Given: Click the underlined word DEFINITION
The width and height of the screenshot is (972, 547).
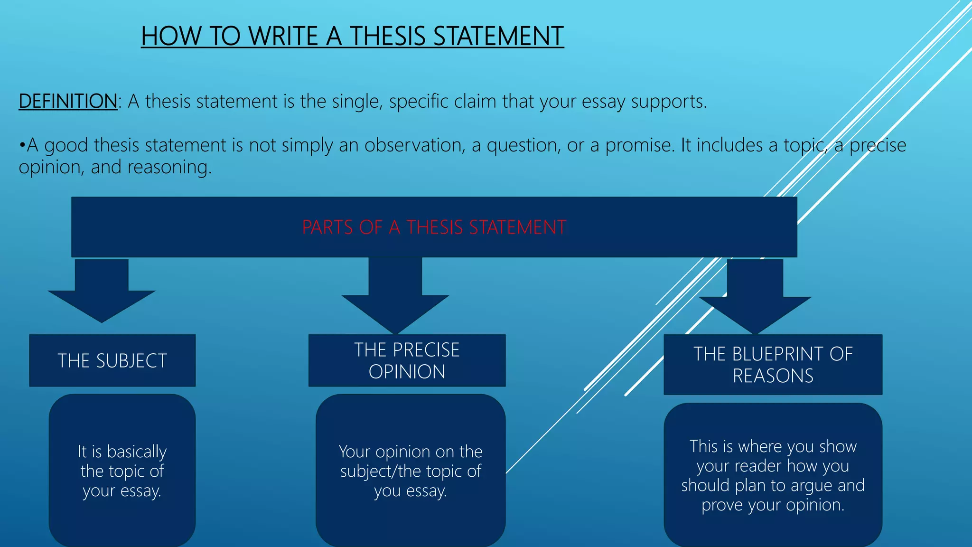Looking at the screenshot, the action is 68,101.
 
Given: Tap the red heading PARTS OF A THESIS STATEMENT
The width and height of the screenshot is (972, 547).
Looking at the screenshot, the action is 434,227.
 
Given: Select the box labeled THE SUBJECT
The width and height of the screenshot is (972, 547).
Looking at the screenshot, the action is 112,360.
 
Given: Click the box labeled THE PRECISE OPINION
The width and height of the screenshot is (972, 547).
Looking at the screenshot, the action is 407,360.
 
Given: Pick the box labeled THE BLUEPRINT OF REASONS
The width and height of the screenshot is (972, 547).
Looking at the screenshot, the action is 773,365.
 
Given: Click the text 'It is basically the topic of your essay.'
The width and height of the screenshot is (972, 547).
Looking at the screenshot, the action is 122,471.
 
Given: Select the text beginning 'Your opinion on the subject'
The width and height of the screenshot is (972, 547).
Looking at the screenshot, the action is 411,471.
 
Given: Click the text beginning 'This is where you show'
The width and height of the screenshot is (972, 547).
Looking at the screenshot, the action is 773,476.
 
